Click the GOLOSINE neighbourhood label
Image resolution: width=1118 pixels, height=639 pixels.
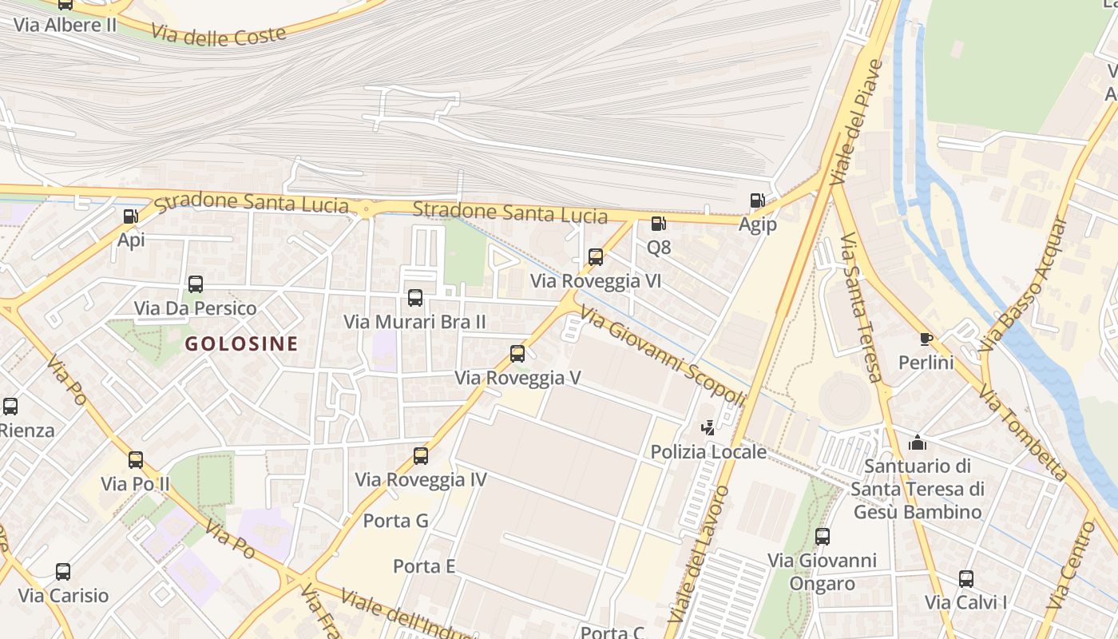tap(241, 344)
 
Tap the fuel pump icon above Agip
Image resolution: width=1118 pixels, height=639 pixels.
tap(756, 200)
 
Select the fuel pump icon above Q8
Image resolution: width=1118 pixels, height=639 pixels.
tap(658, 224)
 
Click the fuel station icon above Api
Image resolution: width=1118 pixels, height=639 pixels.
tap(130, 216)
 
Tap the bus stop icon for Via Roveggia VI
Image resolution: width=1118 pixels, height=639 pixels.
tap(596, 257)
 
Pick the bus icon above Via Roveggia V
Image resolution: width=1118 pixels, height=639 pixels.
tap(517, 353)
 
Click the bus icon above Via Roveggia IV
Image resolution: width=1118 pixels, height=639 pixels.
tap(421, 456)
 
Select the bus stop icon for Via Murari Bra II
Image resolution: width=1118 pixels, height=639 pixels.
tap(415, 298)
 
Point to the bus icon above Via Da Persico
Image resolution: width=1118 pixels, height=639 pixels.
tap(196, 284)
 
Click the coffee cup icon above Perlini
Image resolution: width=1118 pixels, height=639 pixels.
tap(926, 339)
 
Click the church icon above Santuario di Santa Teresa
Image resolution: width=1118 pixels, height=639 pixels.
tap(918, 442)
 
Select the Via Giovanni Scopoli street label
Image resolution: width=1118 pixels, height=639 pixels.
tap(663, 357)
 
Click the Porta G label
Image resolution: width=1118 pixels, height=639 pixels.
tap(396, 521)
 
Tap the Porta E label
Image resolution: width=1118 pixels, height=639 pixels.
tap(424, 566)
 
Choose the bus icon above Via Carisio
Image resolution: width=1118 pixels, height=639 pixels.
tap(63, 572)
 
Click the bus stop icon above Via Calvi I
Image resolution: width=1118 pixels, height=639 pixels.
tap(965, 578)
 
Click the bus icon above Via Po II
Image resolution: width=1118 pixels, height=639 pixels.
tap(136, 460)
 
